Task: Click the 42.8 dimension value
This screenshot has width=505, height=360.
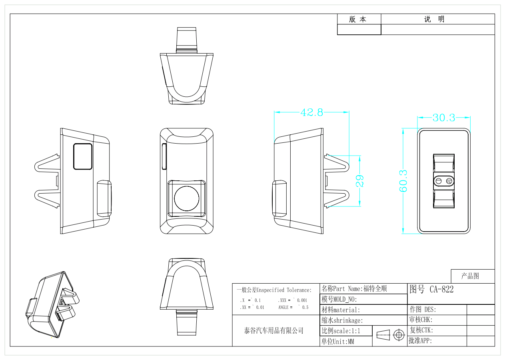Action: pos(311,112)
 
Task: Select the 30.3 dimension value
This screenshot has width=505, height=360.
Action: pos(444,118)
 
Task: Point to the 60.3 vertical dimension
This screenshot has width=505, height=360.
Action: pos(403,181)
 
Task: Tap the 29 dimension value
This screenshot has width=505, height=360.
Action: pos(359,181)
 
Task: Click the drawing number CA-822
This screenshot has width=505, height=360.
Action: pos(441,289)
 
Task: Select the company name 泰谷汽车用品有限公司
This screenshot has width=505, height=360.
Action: pos(274,331)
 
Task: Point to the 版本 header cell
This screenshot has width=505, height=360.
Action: pos(359,19)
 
